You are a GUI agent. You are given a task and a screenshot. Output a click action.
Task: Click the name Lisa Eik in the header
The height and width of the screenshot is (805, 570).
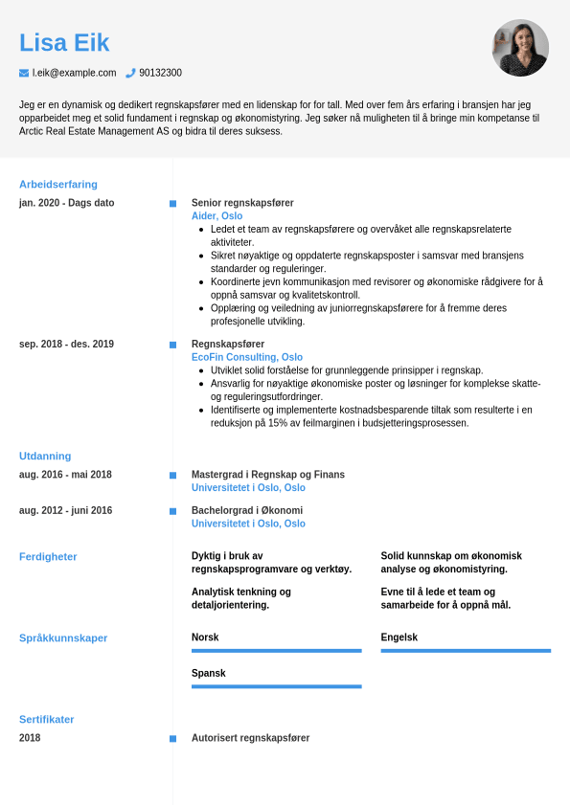tap(64, 43)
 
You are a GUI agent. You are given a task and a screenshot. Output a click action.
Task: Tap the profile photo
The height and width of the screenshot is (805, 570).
tap(520, 48)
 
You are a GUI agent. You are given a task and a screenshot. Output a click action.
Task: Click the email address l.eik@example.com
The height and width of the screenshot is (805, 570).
tap(74, 73)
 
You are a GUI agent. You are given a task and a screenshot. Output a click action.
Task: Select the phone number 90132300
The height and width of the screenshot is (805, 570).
tap(160, 73)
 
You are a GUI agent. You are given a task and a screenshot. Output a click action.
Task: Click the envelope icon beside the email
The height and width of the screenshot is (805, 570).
tap(24, 73)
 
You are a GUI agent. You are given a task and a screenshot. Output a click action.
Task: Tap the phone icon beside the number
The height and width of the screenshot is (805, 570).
tap(130, 73)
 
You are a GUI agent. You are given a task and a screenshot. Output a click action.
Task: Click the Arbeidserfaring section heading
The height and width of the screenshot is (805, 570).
tap(58, 185)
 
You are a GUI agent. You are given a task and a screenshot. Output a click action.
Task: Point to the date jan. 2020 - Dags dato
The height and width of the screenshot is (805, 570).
tap(66, 203)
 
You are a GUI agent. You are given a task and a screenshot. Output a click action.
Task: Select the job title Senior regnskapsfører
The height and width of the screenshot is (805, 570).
tap(242, 203)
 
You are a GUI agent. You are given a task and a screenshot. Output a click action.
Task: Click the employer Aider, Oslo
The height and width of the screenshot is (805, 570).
tap(217, 216)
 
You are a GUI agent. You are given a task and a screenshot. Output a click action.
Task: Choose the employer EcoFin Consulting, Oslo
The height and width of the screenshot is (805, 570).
tap(247, 357)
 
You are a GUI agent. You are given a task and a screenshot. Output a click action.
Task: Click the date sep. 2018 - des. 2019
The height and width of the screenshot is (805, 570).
tap(66, 344)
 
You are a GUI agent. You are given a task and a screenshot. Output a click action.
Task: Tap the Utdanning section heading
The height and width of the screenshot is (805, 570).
tap(45, 457)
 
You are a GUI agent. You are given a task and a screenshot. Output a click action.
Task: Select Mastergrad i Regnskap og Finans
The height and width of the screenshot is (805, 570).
tap(268, 475)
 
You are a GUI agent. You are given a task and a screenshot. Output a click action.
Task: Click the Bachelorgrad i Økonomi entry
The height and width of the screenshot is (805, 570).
tap(247, 510)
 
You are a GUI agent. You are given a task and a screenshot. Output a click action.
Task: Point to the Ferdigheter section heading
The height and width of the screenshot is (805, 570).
tap(48, 557)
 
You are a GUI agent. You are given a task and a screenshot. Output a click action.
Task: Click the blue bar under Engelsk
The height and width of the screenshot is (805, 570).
tap(466, 651)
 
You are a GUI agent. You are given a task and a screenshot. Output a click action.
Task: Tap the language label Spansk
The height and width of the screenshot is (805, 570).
tap(208, 673)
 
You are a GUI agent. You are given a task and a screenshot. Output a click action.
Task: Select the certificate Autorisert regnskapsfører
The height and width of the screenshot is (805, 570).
tap(250, 738)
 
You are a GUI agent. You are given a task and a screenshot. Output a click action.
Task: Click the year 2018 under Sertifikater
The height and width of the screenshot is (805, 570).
tap(30, 738)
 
